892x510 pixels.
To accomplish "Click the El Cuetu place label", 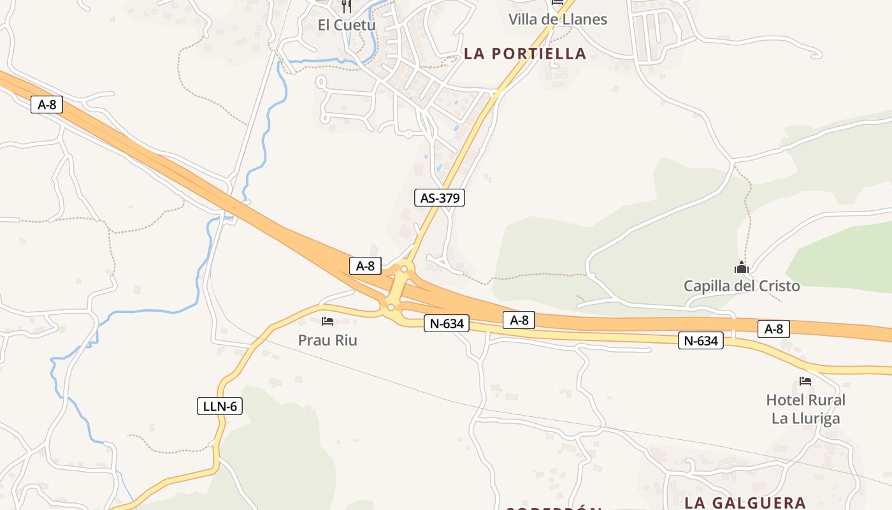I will tap(347, 25).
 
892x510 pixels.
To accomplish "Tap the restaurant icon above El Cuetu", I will tap(347, 6).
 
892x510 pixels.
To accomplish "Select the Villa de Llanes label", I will tap(557, 19).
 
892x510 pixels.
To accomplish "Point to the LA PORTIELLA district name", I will tap(525, 54).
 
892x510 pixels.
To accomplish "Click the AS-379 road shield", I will tap(440, 198).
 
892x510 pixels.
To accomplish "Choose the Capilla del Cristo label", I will tap(742, 286).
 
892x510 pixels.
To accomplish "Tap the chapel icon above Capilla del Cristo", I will tap(742, 267).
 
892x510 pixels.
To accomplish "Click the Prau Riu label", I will tap(327, 340).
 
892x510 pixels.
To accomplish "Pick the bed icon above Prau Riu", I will tap(327, 321).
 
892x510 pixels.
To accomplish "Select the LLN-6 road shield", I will tap(220, 405).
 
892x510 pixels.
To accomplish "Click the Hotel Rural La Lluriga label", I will tap(805, 409).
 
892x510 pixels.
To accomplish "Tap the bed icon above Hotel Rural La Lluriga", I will tap(805, 381).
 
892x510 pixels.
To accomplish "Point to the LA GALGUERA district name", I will tap(745, 502).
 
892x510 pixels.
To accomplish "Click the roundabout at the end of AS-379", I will tap(404, 269).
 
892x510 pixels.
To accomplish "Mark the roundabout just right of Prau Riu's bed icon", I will tap(391, 307).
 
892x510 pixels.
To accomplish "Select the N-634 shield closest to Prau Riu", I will tap(447, 323).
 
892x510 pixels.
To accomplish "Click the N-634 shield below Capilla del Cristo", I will tap(701, 340).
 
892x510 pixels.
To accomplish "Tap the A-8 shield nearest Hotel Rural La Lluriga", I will tap(773, 329).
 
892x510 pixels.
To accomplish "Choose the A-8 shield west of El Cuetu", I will tap(47, 105).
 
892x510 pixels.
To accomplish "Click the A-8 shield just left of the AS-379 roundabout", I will tap(365, 266).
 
